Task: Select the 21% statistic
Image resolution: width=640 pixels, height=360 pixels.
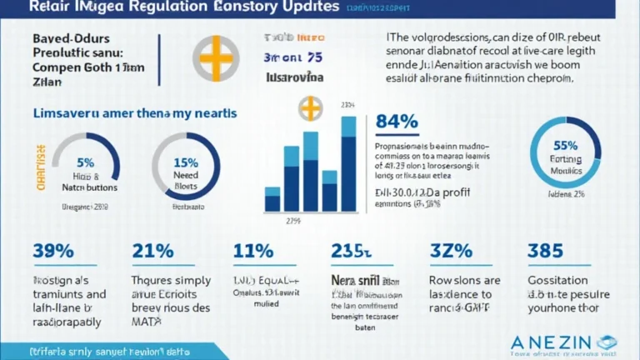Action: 152,251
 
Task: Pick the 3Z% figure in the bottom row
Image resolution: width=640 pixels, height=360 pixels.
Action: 451,251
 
